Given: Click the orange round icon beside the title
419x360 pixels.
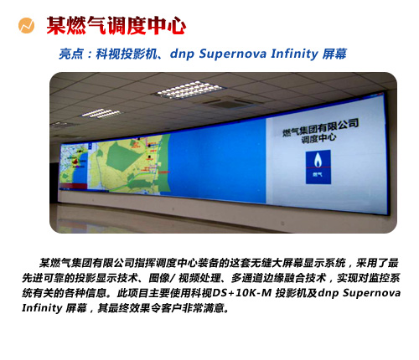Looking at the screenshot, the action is [26, 25].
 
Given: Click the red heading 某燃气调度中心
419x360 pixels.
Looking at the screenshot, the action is [116, 26].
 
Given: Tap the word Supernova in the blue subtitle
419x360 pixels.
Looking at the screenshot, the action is [233, 54].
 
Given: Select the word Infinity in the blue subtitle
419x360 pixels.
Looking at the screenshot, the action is [294, 54].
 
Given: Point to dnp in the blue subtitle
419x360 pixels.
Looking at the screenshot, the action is [182, 54].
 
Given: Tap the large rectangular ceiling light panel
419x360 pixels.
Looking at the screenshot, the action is [189, 89].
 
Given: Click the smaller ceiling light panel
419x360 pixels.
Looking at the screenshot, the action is [101, 113].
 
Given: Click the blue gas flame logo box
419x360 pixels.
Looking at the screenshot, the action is [318, 167].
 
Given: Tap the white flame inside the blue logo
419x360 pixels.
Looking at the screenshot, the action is [318, 160].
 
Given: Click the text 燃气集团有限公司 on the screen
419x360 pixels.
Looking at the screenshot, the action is [320, 127].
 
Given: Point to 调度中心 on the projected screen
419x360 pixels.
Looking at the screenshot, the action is [318, 138].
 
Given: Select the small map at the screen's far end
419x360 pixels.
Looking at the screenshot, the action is [74, 167].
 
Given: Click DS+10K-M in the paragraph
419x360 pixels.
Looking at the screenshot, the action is [242, 293].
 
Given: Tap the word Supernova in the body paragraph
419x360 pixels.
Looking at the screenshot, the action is [371, 293].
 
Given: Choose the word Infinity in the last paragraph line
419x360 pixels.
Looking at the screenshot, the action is [42, 308].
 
